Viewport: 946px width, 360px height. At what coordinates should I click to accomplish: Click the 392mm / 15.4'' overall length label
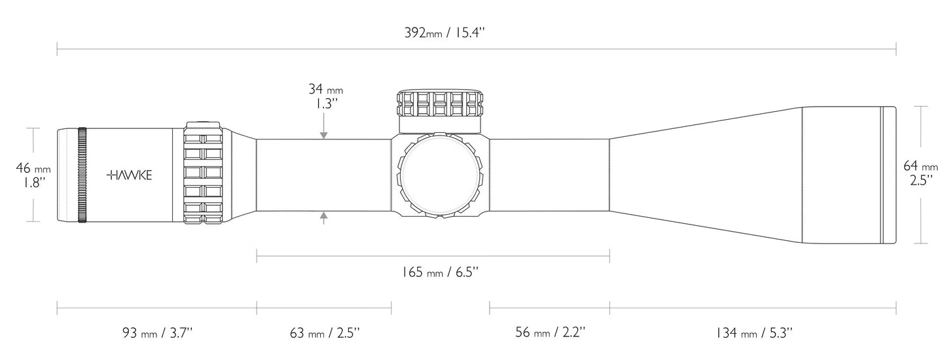[x=446, y=32]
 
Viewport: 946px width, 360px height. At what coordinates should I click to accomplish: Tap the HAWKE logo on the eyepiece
[x=130, y=175]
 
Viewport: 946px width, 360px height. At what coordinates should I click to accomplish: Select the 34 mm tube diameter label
[x=325, y=89]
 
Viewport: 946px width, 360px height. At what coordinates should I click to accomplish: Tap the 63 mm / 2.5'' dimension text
[x=324, y=334]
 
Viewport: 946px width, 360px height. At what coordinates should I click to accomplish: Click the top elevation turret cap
[x=439, y=102]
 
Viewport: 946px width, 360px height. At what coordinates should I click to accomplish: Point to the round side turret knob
[x=439, y=175]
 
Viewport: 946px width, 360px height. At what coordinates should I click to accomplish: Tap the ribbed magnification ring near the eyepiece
[x=205, y=175]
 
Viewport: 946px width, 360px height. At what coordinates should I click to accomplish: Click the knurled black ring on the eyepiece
[x=82, y=175]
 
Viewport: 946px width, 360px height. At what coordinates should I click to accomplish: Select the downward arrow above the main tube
[x=323, y=135]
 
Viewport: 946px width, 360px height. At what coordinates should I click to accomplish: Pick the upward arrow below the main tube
[x=323, y=217]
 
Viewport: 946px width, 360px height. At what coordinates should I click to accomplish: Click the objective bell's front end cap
[x=888, y=175]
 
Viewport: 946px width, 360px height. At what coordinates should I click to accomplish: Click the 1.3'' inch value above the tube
[x=325, y=103]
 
